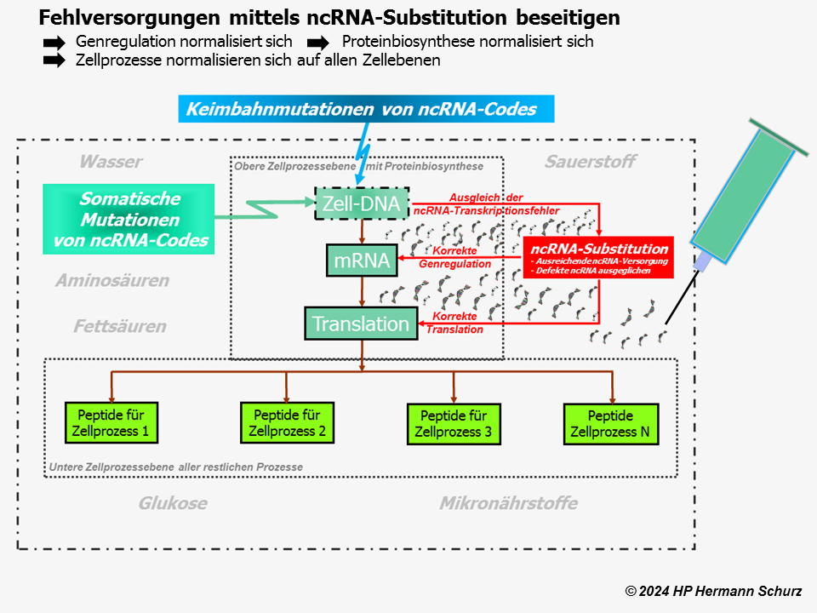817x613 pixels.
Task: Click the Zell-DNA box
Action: [x=362, y=203]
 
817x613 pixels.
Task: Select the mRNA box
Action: [x=362, y=261]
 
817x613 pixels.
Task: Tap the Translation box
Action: [x=362, y=324]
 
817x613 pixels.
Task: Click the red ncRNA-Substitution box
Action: [x=599, y=256]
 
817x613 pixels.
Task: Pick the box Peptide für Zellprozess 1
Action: [x=111, y=422]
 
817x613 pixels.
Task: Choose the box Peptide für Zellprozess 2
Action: [x=287, y=422]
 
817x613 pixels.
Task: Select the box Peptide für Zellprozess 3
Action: [x=454, y=424]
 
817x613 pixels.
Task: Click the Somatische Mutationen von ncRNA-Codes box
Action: [x=129, y=220]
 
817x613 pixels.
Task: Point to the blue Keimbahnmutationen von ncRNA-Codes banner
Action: [x=367, y=109]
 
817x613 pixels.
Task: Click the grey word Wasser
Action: [x=111, y=162]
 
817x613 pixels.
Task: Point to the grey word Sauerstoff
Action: [x=590, y=162]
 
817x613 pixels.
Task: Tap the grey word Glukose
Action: [x=173, y=503]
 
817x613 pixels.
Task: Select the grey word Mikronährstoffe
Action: [x=508, y=503]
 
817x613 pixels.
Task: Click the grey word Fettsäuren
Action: [x=119, y=326]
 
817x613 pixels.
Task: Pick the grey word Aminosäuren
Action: [x=112, y=280]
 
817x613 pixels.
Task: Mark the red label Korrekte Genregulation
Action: [x=455, y=257]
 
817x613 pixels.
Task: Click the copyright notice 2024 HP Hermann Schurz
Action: [x=713, y=591]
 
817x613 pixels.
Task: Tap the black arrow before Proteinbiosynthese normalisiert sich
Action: [x=317, y=42]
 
